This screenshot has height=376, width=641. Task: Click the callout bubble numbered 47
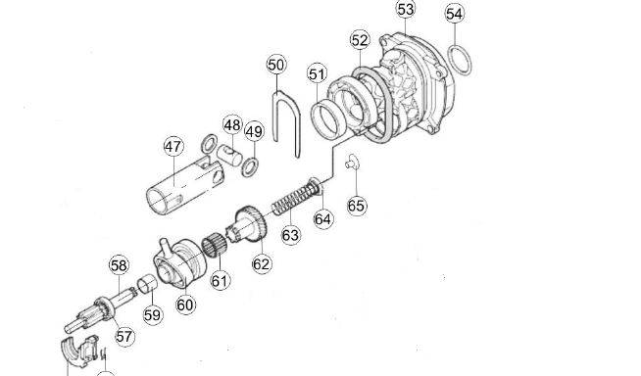click(x=173, y=147)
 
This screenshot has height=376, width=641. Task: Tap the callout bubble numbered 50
click(x=276, y=65)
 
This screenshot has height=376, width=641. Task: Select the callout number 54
click(x=455, y=14)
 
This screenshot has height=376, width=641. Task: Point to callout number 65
click(x=356, y=206)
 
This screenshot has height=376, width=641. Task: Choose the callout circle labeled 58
click(x=119, y=265)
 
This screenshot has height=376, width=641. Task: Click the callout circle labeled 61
click(x=221, y=280)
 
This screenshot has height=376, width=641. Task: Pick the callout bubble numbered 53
click(x=406, y=9)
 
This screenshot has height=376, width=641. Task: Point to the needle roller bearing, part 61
click(x=215, y=246)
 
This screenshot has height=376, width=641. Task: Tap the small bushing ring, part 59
click(x=147, y=284)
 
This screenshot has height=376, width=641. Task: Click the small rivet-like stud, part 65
click(x=352, y=163)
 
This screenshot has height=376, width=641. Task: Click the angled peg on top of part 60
click(x=166, y=247)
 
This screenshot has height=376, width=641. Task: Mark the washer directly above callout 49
click(x=250, y=166)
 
